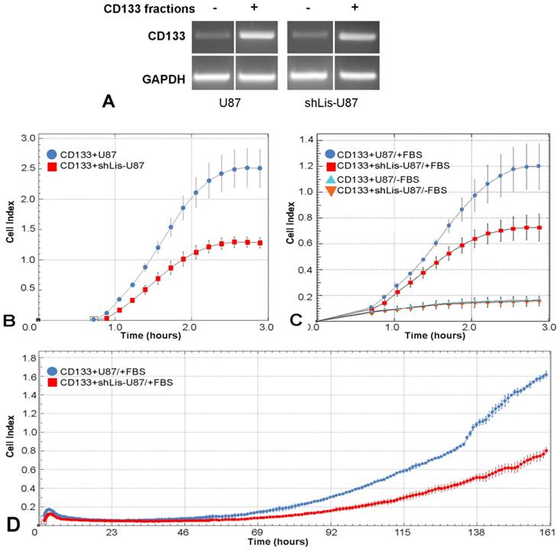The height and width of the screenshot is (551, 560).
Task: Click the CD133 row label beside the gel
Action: coord(160,35)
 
